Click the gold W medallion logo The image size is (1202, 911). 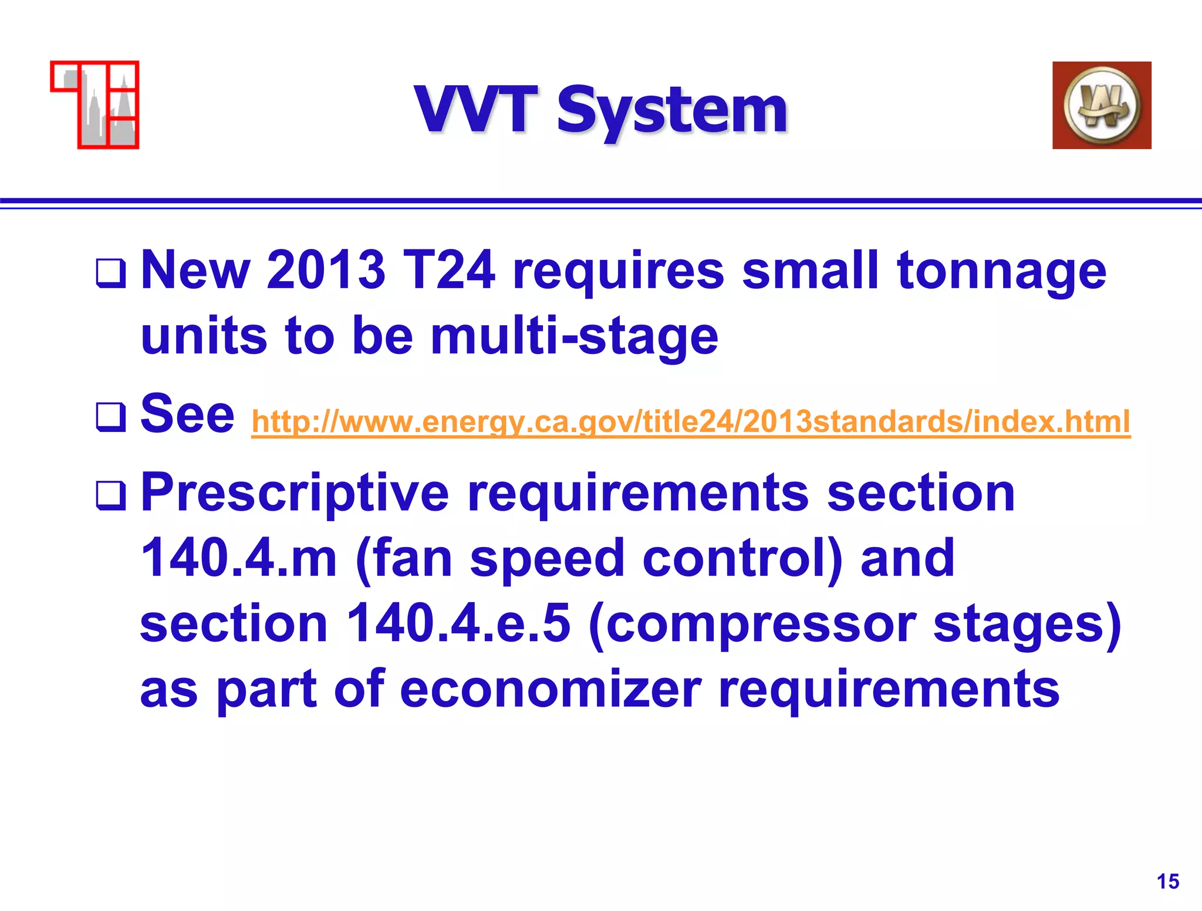1101,106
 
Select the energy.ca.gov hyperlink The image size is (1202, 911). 690,421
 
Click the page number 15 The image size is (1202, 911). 1167,881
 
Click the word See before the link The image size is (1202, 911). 188,414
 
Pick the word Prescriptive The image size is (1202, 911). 295,494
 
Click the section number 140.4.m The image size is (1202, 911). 239,558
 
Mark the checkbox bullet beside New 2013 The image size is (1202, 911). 110,274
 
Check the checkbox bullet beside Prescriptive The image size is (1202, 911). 110,495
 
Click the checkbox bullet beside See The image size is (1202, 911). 110,417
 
